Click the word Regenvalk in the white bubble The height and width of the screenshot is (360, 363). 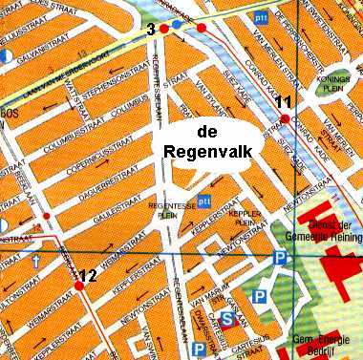click(205, 151)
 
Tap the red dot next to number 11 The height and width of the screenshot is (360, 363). click(284, 117)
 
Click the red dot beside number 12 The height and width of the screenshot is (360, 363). click(78, 285)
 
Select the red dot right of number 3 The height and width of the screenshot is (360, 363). click(164, 31)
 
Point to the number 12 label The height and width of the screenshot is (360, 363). click(88, 276)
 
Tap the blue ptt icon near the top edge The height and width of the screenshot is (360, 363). click(261, 17)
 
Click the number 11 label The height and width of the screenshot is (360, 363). click(282, 102)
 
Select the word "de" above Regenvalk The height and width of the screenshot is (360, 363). click(205, 131)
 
